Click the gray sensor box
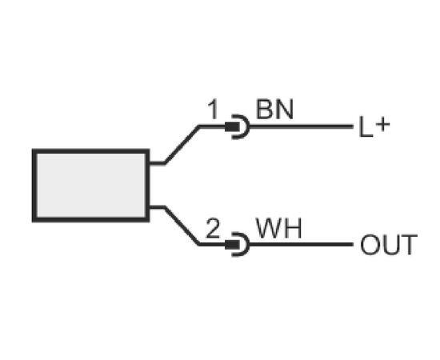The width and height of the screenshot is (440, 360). tap(90, 185)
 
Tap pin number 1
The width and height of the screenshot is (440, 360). tap(213, 110)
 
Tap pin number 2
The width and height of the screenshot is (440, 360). tap(213, 228)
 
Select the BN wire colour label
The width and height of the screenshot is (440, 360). tap(274, 110)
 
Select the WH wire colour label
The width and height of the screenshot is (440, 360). tap(279, 228)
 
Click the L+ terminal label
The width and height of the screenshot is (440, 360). tap(374, 127)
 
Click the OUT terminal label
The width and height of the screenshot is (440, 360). tap(389, 245)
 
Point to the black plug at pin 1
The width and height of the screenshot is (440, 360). tap(232, 127)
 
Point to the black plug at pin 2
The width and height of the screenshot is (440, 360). tap(232, 245)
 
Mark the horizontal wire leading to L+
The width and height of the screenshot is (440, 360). tap(301, 126)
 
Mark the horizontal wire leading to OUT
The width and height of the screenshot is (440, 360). tap(301, 245)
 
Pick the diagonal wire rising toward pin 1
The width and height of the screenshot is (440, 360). tap(182, 145)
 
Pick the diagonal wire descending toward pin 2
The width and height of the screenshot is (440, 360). tap(182, 226)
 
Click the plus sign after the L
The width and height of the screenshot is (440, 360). tap(382, 125)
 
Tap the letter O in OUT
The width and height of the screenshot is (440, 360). tap(370, 245)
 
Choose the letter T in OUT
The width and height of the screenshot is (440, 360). tap(409, 245)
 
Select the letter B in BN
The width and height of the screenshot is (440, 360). tap(264, 110)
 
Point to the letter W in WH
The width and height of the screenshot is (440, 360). tap(269, 228)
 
